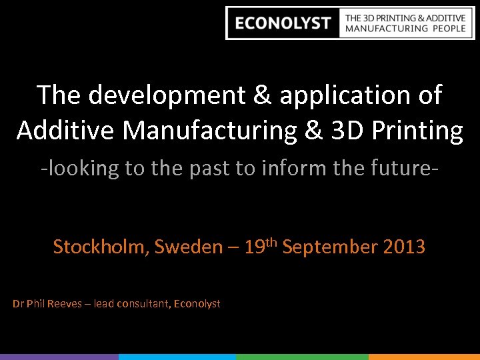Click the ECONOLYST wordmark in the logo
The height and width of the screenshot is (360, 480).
pos(283,23)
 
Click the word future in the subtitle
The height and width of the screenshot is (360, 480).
pos(399,168)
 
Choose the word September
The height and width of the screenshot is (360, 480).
pos(330,247)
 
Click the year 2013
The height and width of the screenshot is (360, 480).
pos(404,247)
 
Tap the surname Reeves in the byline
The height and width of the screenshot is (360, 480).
pos(64,304)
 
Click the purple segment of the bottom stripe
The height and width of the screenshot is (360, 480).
pos(59,357)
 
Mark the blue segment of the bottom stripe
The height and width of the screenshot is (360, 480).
pos(177,357)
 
